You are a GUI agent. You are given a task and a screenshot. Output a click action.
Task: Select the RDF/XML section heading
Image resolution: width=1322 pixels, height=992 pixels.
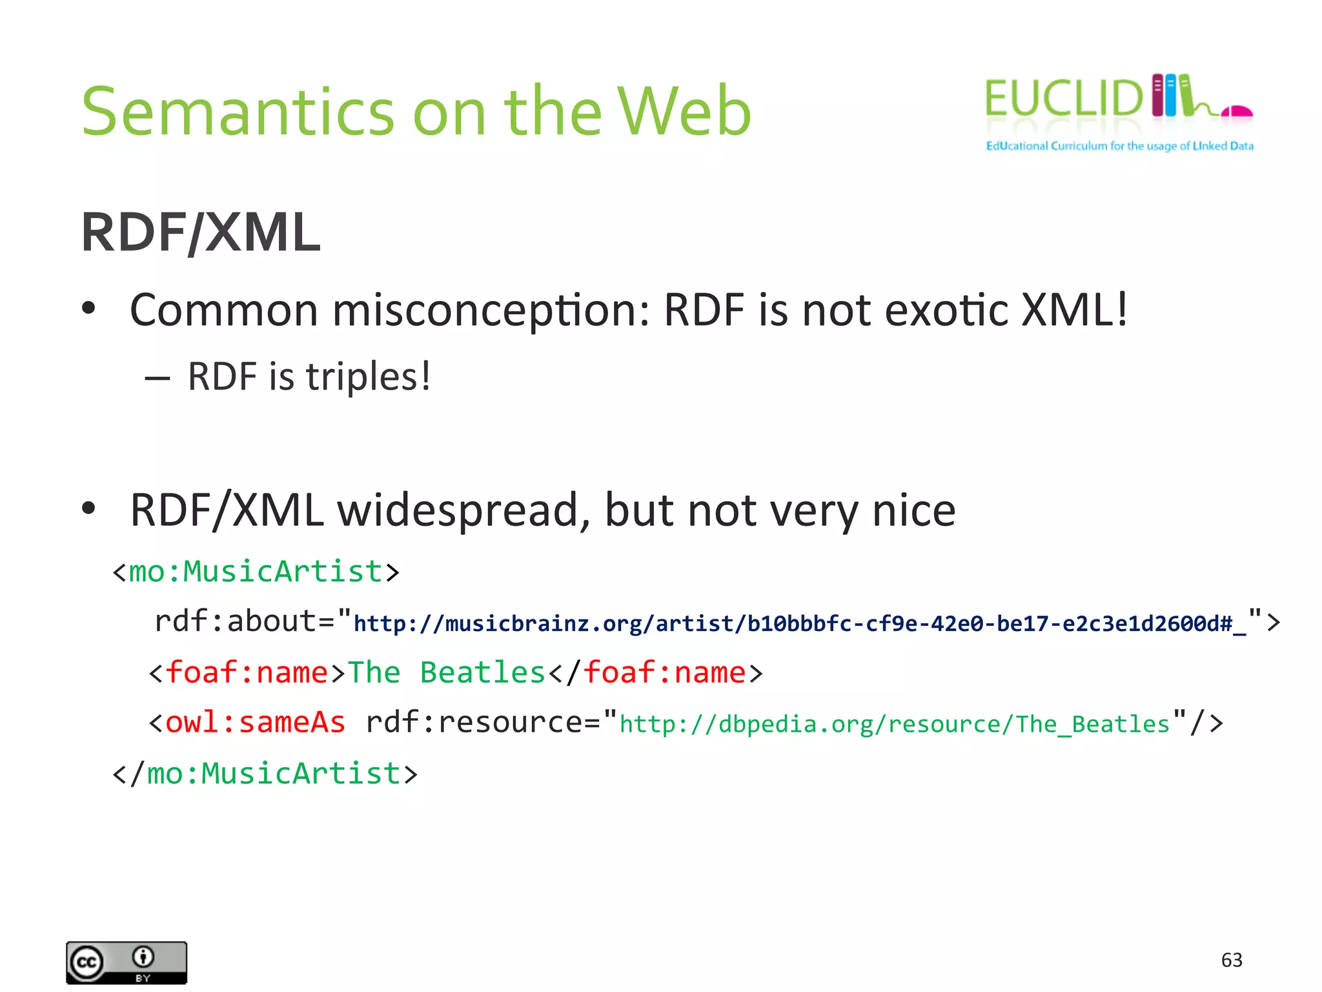[x=201, y=232]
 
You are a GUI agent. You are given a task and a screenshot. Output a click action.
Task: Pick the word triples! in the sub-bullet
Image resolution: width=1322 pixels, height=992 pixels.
[x=368, y=377]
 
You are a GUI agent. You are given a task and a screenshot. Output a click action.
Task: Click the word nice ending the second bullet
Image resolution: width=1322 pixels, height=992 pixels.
[x=913, y=510]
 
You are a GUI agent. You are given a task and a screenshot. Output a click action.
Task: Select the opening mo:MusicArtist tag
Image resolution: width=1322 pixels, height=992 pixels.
[x=256, y=572]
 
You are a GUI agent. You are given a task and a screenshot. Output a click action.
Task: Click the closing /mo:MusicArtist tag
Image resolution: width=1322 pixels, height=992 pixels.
[x=265, y=774]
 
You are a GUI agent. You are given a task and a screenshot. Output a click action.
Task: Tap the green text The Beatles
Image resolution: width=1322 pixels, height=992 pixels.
[x=447, y=672]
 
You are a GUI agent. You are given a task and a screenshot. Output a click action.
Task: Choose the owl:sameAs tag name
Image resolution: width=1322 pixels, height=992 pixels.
[x=255, y=722]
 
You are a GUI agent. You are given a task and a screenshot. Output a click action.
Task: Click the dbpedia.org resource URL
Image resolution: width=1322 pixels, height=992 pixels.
[x=894, y=724]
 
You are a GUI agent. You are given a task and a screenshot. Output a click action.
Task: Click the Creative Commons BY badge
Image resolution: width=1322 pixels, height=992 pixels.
[x=127, y=962]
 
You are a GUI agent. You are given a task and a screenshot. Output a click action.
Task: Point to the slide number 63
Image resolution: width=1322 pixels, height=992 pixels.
[x=1232, y=960]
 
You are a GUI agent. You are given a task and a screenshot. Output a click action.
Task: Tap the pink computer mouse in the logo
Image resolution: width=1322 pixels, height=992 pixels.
[x=1237, y=112]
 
